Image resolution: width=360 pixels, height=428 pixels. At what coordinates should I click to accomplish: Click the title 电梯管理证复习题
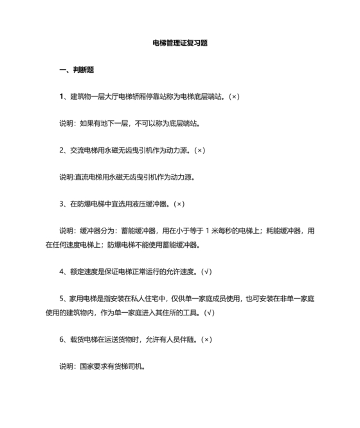coord(179,43)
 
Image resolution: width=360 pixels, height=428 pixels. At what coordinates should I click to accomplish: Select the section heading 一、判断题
coord(76,70)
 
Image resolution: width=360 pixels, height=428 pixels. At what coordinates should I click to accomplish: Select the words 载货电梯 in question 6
coord(84,339)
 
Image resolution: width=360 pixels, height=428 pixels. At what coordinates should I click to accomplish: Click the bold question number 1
coord(62,97)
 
